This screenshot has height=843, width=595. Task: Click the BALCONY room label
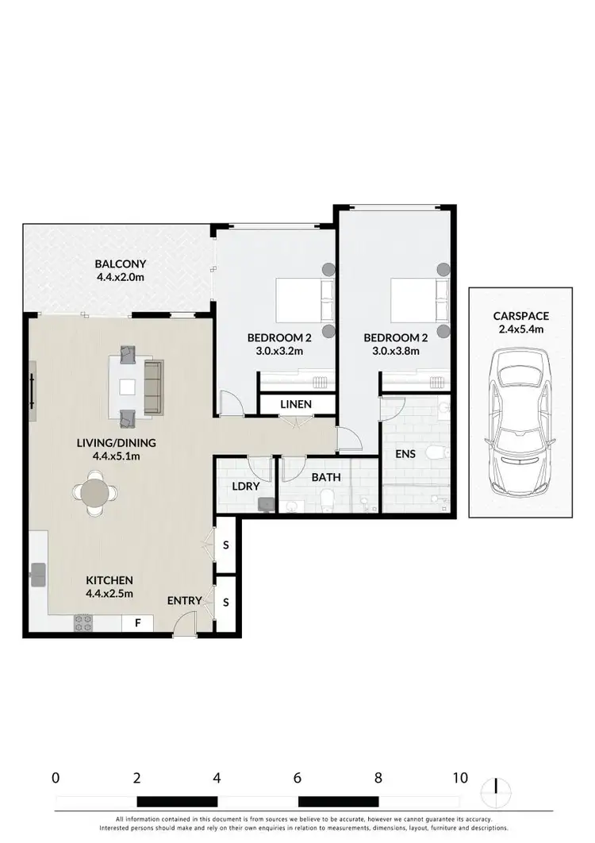tap(121, 264)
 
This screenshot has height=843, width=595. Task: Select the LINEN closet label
tap(296, 405)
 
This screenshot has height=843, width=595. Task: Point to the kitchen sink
tap(38, 573)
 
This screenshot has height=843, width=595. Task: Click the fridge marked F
tap(137, 623)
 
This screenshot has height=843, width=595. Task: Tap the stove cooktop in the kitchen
tap(83, 623)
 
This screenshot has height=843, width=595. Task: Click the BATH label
tap(326, 479)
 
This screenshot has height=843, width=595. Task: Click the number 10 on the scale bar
tap(460, 777)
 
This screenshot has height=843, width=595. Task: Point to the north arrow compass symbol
tap(496, 788)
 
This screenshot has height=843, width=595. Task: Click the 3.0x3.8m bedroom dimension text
tap(396, 352)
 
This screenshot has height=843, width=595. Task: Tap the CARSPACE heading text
tap(519, 315)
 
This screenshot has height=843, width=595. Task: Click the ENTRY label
tap(184, 601)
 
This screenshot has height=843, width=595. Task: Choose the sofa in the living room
tap(153, 387)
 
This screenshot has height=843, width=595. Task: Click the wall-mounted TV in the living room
tap(33, 391)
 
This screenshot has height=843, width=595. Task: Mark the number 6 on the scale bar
tap(297, 777)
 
